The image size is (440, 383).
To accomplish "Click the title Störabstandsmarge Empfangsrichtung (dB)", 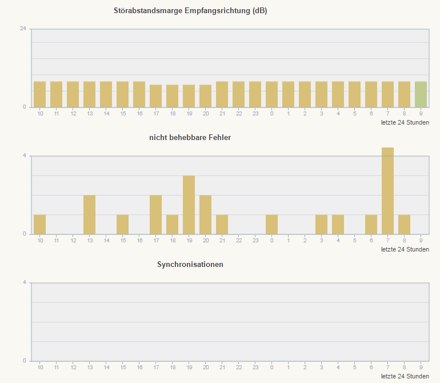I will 190,11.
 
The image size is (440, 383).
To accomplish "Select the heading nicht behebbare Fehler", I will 190,138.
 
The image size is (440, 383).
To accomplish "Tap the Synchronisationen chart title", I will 190,265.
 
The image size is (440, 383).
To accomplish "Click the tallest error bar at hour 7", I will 388,191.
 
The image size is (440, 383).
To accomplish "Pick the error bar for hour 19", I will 189,205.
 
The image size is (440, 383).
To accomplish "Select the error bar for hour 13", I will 89,214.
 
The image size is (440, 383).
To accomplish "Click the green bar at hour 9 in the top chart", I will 421,94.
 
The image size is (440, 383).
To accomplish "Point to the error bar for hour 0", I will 271,224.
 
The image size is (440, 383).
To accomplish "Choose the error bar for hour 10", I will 39,224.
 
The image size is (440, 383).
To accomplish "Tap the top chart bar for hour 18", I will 172,96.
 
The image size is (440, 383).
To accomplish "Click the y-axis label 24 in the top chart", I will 23,29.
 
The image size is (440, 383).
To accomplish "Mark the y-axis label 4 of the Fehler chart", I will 25,155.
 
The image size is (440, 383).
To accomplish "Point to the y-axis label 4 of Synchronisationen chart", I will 25,282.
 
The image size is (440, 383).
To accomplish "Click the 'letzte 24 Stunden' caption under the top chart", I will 405,122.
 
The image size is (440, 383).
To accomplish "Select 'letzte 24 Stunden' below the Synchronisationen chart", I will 405,376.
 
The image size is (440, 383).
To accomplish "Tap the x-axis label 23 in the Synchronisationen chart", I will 255,368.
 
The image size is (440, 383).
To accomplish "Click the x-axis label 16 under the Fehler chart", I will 139,241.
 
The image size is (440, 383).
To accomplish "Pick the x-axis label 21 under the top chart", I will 222,114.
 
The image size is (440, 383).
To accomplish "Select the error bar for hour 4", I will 338,224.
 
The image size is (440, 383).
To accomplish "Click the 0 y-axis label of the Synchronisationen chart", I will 25,361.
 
